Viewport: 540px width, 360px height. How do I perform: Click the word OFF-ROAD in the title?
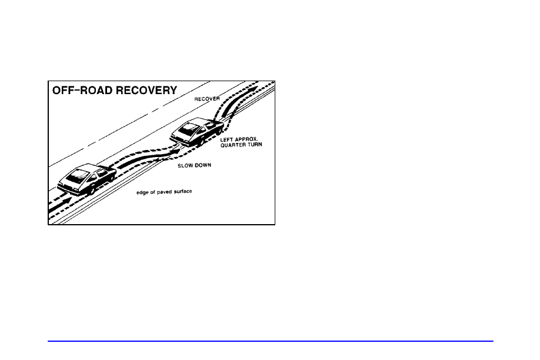coord(82,90)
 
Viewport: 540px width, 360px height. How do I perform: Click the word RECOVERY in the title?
coord(146,90)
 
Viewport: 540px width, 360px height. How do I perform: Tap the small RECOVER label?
coord(207,99)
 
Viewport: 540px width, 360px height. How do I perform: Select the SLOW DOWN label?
coord(194,166)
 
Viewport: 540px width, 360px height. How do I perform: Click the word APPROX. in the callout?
coord(246,139)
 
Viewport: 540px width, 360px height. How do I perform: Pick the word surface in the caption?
coord(183,191)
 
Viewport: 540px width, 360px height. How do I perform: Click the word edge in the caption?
coord(142,192)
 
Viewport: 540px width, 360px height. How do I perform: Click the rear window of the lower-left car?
coord(78,176)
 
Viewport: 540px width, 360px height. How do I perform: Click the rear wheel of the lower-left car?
coord(92,191)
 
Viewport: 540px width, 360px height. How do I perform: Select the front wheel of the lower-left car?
coord(110,178)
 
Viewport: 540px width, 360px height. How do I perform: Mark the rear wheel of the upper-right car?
coord(201,141)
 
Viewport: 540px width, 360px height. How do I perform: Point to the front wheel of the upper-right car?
coord(218,131)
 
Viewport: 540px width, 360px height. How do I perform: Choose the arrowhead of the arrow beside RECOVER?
coord(254,89)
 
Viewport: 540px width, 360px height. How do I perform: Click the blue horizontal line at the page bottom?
coord(271,341)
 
